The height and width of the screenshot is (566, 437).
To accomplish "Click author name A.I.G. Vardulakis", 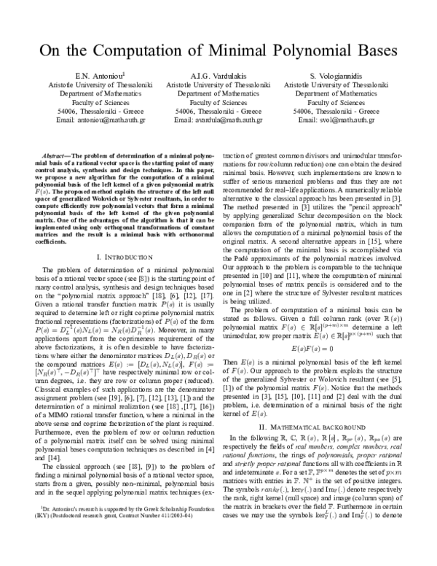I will point(219,75).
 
